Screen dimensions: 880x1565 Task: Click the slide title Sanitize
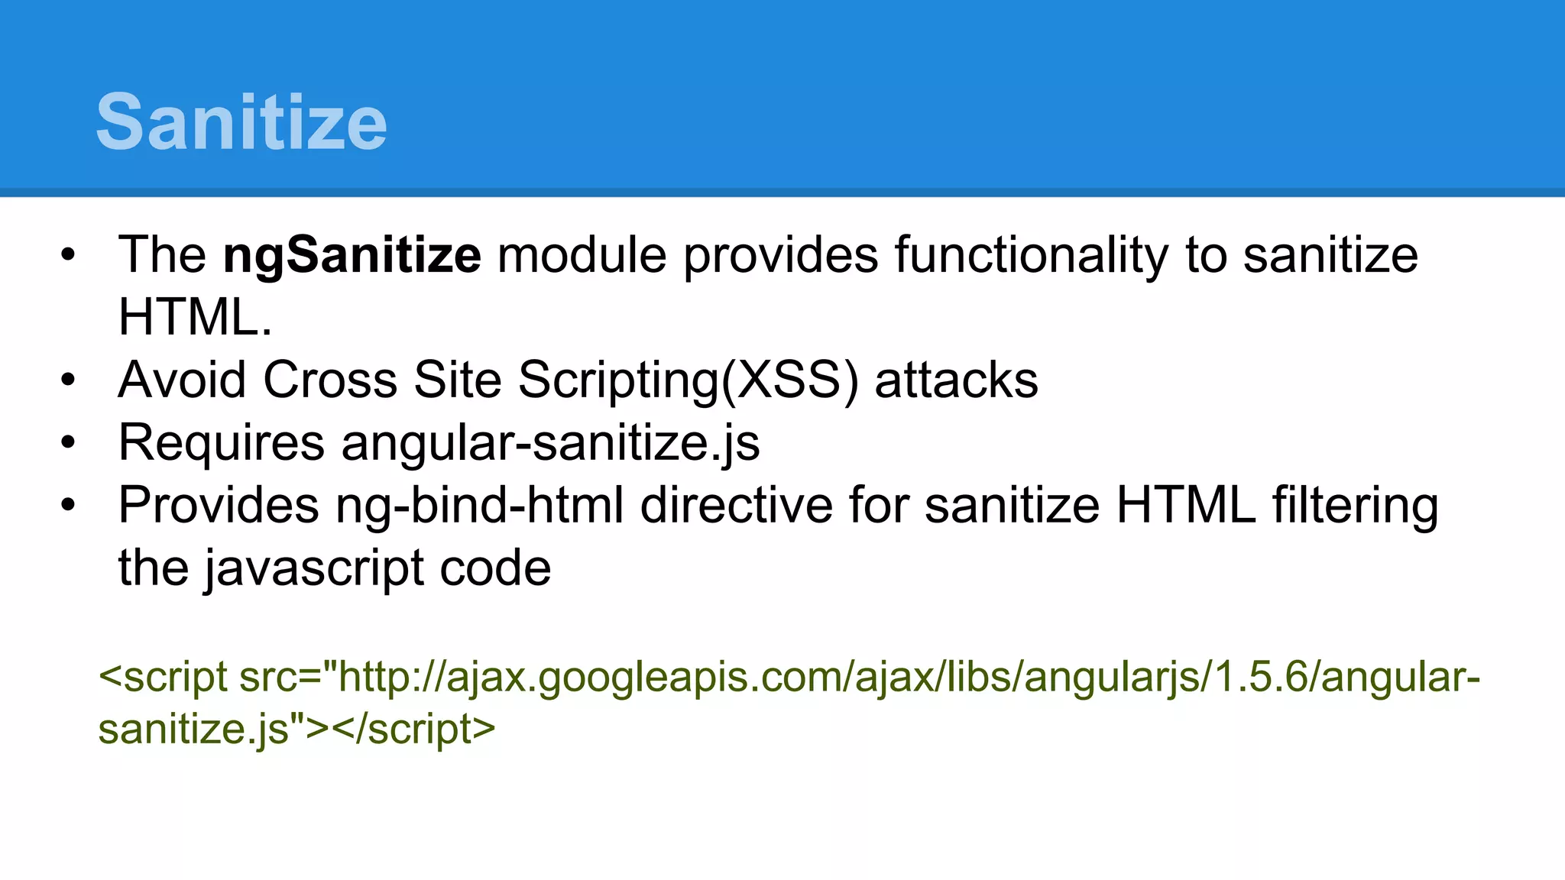pos(241,122)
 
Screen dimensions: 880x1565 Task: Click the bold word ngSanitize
pos(352,255)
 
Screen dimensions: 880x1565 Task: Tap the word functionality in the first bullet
pos(1032,255)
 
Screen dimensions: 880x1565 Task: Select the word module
pos(582,255)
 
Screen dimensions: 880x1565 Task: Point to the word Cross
pos(330,380)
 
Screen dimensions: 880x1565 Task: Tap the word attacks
pos(956,380)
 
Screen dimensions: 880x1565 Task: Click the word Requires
pos(222,443)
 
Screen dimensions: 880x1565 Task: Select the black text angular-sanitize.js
pos(550,443)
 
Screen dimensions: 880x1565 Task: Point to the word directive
pos(736,506)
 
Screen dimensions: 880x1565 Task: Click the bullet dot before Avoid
pos(68,380)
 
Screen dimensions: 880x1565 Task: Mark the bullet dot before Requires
pos(68,442)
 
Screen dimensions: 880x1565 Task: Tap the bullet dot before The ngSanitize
pos(68,255)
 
